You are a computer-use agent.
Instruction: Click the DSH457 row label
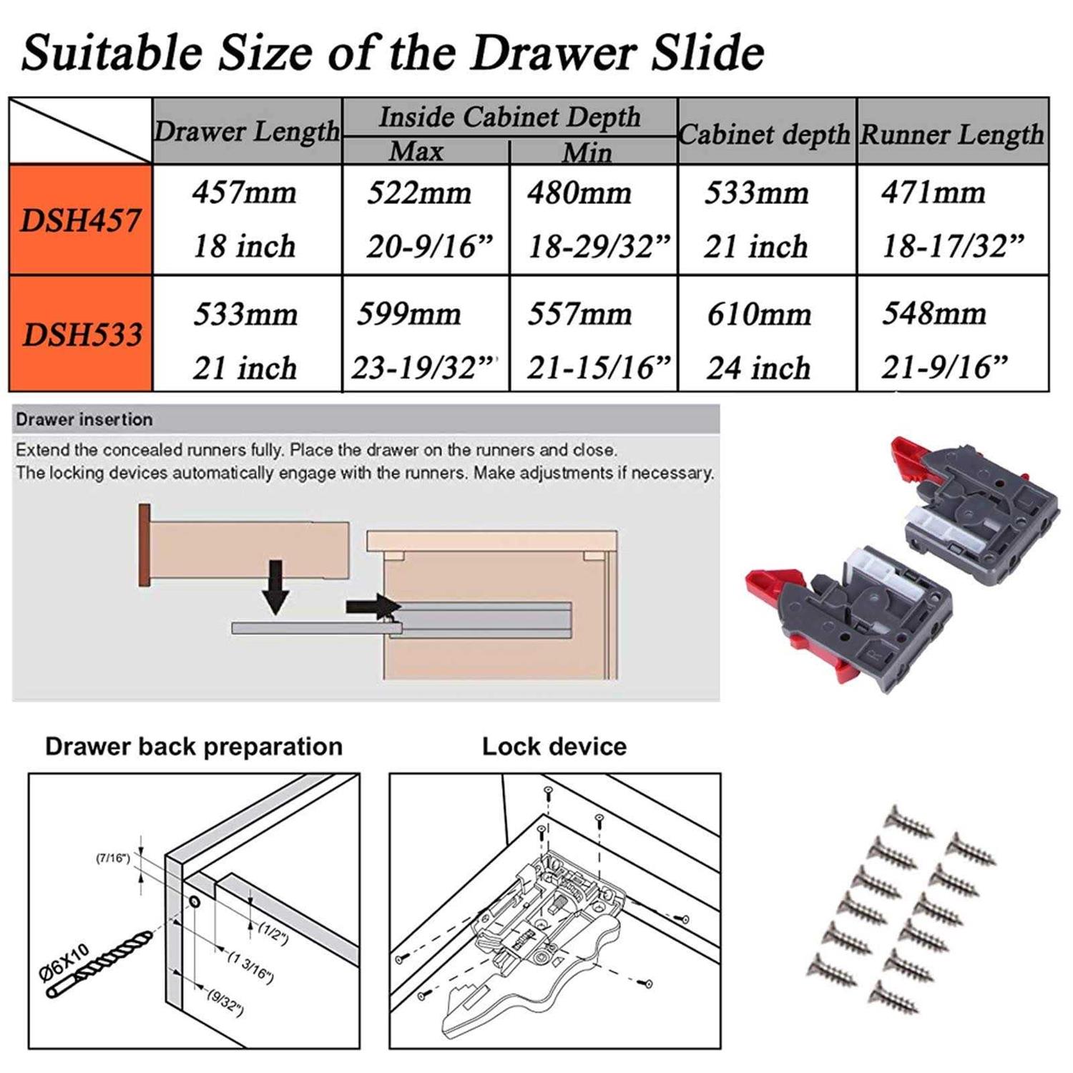(80, 220)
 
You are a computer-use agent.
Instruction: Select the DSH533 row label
(82, 334)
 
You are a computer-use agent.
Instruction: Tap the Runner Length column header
(952, 134)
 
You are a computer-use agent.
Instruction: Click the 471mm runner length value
(933, 192)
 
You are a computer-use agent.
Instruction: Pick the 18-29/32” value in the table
(598, 247)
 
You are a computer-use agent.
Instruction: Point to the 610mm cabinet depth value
(759, 314)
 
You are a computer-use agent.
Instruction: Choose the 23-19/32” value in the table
(424, 368)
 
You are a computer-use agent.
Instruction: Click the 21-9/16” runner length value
(944, 367)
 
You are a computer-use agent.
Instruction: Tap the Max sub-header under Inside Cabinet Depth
(416, 152)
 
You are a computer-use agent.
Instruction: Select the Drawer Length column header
(247, 131)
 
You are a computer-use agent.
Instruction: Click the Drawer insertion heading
(84, 419)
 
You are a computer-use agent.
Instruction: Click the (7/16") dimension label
(113, 858)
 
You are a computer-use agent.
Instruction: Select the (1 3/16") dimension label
(250, 966)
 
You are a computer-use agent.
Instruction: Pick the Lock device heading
(554, 746)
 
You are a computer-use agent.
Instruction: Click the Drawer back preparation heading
(194, 746)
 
